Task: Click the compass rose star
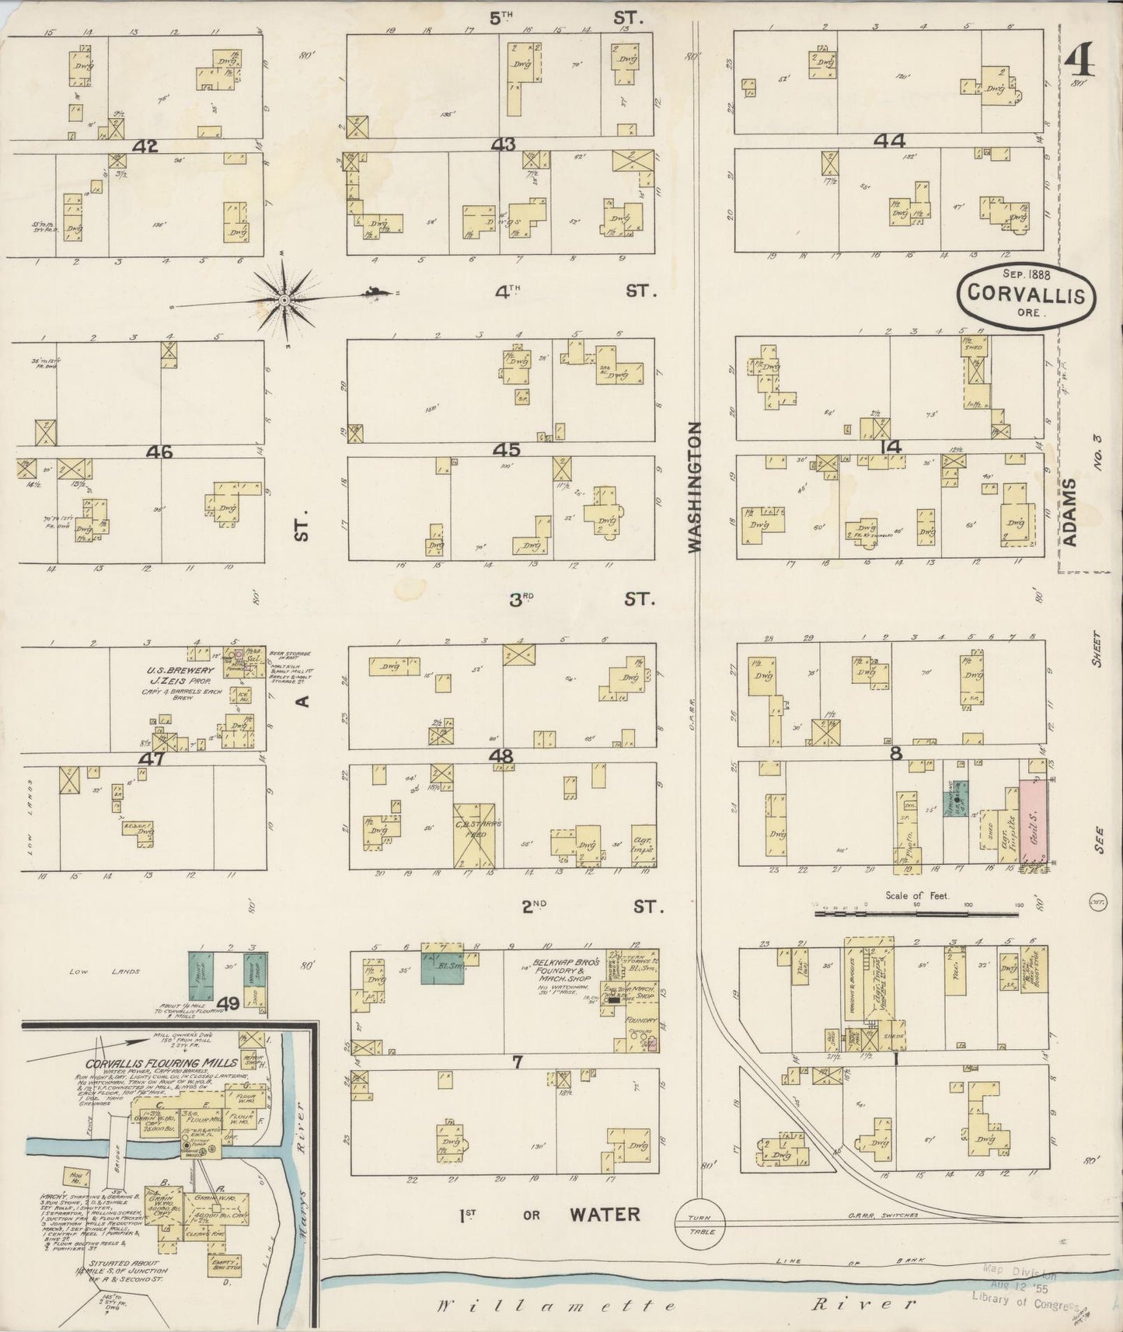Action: coord(284,299)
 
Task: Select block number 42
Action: coord(144,145)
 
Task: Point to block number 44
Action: coord(889,141)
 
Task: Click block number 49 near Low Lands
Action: coord(228,1004)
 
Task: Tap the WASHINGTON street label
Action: coord(694,487)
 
